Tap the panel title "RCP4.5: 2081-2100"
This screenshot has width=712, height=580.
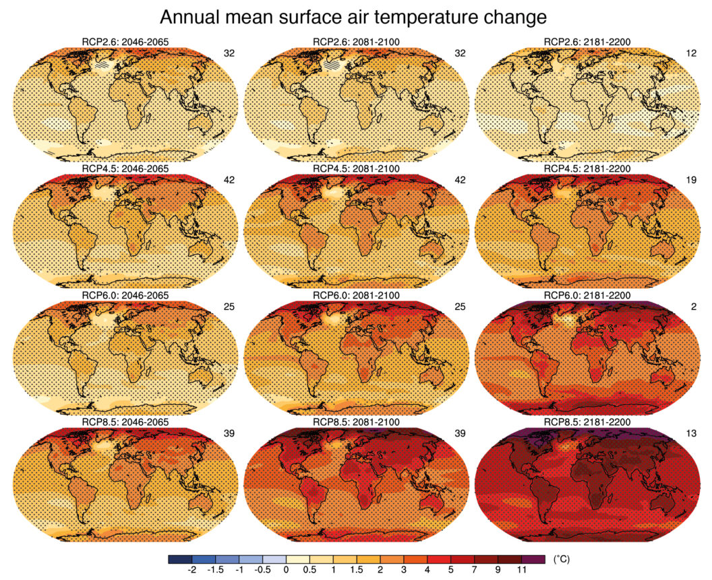click(356, 168)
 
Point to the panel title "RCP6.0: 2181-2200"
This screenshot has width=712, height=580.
click(587, 295)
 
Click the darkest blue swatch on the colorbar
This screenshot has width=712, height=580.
click(179, 559)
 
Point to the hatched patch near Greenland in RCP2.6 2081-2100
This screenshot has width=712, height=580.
click(333, 64)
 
